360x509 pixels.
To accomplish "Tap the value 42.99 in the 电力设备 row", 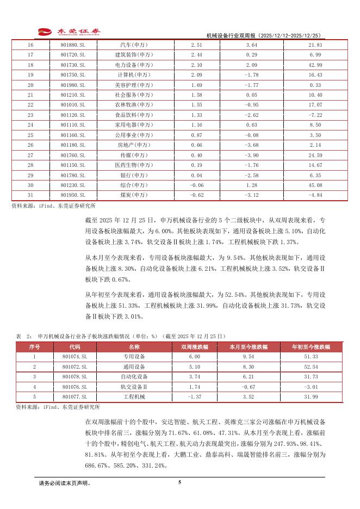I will (315, 65).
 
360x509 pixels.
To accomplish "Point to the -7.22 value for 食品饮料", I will (315, 115).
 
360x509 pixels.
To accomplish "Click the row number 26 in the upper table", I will (30, 145).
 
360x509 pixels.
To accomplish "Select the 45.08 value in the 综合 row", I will (315, 185).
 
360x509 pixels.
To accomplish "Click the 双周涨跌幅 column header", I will (194, 346).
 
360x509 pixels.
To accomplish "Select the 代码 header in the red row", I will (75, 346).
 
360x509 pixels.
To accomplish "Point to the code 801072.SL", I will (75, 367).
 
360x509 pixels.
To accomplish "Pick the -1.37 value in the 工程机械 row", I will (194, 396).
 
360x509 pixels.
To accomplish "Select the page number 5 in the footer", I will (179, 482).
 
